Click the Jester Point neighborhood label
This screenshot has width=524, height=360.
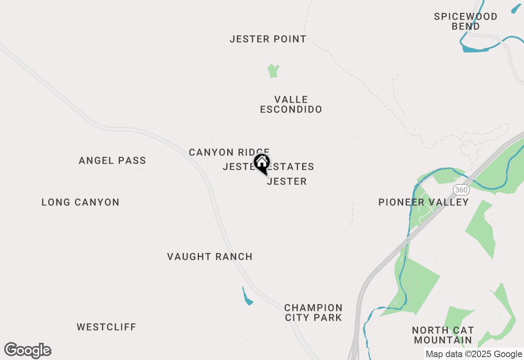click(x=268, y=39)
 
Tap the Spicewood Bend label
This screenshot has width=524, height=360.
click(x=465, y=21)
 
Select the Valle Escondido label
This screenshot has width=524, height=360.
click(x=291, y=105)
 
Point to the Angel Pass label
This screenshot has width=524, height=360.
click(x=112, y=161)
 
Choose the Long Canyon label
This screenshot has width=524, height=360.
click(x=80, y=202)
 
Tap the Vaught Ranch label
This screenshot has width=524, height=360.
click(x=210, y=257)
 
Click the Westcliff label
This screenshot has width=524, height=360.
click(x=106, y=327)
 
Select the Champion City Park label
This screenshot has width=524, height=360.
click(x=313, y=313)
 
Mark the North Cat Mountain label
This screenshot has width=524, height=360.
click(x=443, y=335)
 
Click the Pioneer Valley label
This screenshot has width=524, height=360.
click(x=423, y=202)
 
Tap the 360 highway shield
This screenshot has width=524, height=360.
click(x=461, y=190)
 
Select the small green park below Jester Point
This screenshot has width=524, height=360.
click(x=273, y=71)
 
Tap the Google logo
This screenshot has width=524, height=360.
click(x=28, y=351)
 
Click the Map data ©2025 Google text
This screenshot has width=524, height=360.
click(x=473, y=354)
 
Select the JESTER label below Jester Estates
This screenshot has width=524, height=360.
click(x=287, y=182)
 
